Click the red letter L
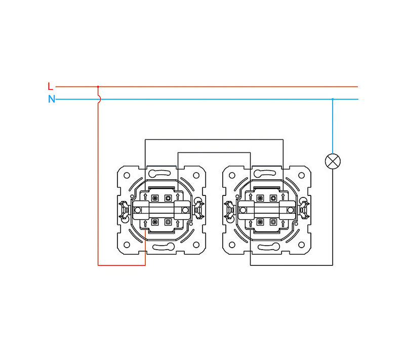(x=50, y=87)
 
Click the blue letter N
(x=51, y=99)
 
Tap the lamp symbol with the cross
(x=333, y=161)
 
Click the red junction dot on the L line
(x=98, y=87)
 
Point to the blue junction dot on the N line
(x=333, y=99)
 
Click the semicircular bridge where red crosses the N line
(x=99, y=99)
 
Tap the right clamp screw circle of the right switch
(x=291, y=209)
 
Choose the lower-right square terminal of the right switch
(x=274, y=222)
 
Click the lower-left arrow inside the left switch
(x=145, y=222)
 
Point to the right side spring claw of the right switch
(x=305, y=209)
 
